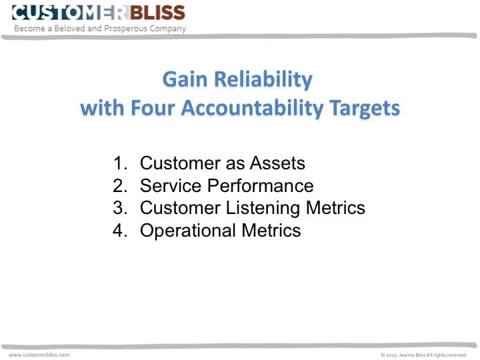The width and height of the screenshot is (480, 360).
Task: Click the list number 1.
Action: (120, 163)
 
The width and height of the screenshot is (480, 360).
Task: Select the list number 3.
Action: (120, 208)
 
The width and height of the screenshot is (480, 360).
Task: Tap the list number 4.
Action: (120, 231)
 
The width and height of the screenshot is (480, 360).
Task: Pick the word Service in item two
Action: (169, 185)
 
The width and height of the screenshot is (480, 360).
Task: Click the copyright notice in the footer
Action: (423, 355)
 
